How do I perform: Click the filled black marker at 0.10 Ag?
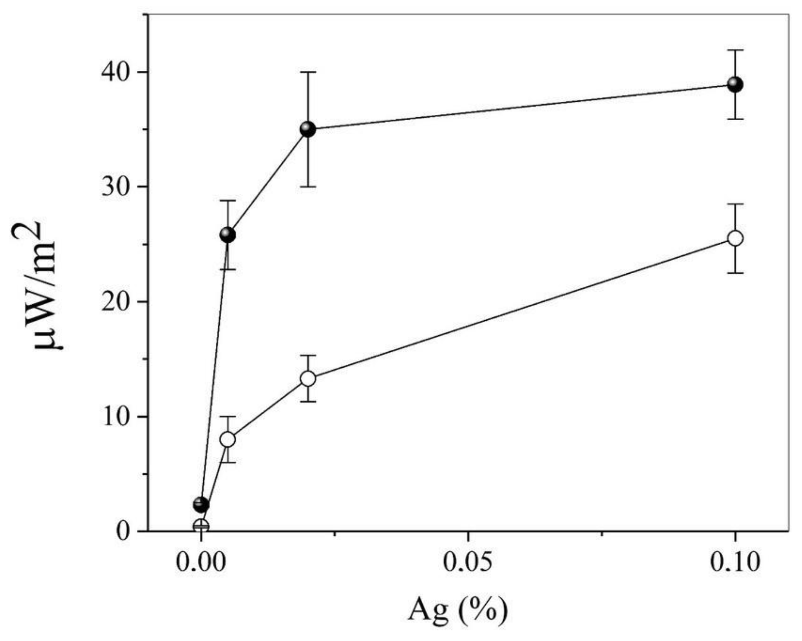pos(735,85)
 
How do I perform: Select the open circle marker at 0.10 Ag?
pos(735,238)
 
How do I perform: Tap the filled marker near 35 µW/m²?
pos(308,129)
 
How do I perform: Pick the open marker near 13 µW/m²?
pos(308,378)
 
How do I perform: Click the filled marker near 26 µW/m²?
pos(228,235)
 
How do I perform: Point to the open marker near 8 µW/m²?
pos(228,439)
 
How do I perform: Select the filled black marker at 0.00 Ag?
pos(201,504)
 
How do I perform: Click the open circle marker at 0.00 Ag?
pos(201,527)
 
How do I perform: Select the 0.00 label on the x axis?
pos(201,562)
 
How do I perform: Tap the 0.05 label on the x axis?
pos(468,562)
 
